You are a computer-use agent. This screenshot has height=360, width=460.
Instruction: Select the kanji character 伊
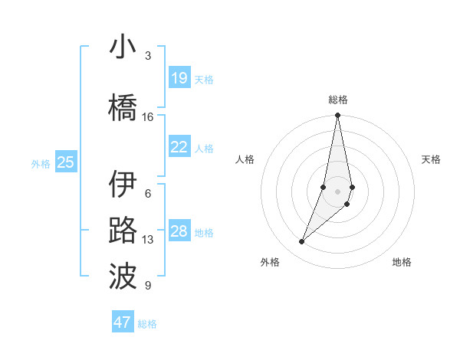tap(123, 185)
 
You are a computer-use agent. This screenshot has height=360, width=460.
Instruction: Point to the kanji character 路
tap(123, 231)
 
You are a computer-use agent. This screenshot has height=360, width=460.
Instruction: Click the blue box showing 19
tap(179, 78)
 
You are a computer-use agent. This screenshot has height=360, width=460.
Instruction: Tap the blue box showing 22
tap(179, 147)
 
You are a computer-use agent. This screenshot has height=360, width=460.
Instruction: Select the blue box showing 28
tap(179, 231)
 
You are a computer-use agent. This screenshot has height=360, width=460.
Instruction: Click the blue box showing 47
tap(123, 322)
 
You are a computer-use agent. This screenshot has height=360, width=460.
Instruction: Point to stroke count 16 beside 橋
tap(148, 117)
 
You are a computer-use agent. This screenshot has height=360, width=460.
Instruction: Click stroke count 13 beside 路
tap(148, 240)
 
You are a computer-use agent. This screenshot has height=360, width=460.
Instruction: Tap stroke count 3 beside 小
tap(148, 56)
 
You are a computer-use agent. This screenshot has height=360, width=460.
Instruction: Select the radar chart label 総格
tap(338, 100)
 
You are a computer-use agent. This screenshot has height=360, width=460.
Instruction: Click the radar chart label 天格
tap(432, 159)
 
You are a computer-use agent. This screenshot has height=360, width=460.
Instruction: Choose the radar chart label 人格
tap(245, 159)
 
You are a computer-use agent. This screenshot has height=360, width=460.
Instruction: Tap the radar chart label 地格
tap(402, 262)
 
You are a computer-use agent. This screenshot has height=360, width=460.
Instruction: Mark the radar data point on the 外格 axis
tap(302, 241)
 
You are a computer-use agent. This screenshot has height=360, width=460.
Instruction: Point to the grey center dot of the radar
tap(338, 191)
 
